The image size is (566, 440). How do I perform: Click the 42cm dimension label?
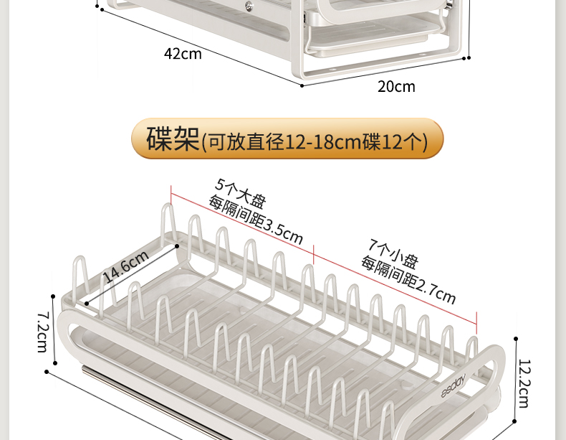(183, 54)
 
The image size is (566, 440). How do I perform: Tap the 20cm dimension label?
(396, 87)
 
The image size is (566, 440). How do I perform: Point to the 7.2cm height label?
(42, 331)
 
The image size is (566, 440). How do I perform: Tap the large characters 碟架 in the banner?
(172, 139)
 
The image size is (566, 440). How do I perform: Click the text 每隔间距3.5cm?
(256, 220)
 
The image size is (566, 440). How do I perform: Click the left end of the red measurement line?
(171, 189)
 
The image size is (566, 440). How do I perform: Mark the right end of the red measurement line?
(477, 324)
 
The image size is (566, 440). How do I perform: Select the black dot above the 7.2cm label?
(53, 295)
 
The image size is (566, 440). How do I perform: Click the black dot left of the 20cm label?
(302, 85)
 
